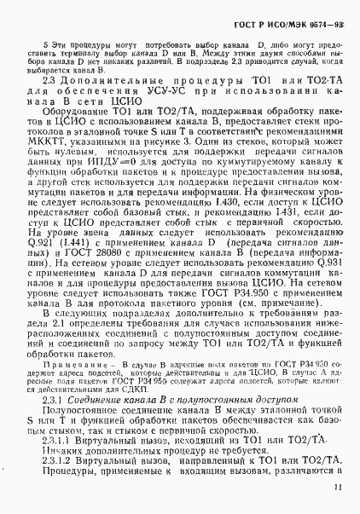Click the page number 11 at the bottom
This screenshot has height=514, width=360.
[x=339, y=487]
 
